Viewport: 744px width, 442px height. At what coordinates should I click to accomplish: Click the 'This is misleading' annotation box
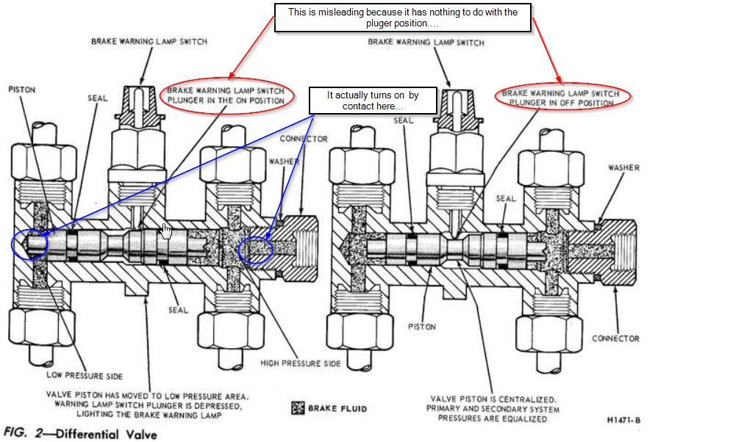[402, 18]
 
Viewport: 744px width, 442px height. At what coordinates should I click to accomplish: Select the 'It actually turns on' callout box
[372, 101]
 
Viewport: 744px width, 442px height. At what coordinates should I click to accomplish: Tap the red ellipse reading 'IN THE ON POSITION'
[226, 95]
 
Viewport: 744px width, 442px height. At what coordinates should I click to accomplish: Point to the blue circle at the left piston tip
[30, 244]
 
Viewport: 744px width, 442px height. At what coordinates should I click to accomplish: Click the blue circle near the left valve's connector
[255, 249]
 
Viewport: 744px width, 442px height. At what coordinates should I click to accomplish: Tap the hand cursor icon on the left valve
[167, 231]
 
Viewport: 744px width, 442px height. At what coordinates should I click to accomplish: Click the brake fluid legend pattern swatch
[298, 408]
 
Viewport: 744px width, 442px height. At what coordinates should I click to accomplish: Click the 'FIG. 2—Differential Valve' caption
[81, 433]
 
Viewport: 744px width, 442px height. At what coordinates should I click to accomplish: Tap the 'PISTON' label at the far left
[22, 90]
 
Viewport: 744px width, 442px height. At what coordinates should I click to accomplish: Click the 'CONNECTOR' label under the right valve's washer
[615, 338]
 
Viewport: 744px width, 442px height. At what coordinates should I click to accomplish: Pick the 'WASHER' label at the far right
[623, 167]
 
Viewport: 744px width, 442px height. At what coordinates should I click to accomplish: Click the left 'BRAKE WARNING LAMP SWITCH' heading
[149, 41]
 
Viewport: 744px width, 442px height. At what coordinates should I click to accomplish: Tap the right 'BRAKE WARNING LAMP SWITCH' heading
[426, 43]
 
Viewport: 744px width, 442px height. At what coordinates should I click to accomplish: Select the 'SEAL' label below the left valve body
[178, 310]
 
